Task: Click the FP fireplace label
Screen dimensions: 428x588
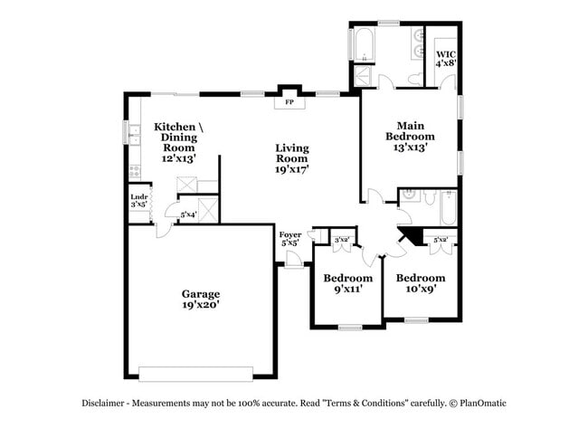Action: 289,102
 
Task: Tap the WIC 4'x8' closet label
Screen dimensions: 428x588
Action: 445,60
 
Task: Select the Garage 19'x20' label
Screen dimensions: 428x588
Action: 200,300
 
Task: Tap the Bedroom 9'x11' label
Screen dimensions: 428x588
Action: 348,284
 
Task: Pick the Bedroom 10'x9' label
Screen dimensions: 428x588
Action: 421,284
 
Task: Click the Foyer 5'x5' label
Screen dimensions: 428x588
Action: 289,239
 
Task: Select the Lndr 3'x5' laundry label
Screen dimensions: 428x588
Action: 138,201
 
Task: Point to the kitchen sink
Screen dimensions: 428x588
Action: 133,136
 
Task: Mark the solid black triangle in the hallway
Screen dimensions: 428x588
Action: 410,237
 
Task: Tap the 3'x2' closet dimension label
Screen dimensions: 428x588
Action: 342,240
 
